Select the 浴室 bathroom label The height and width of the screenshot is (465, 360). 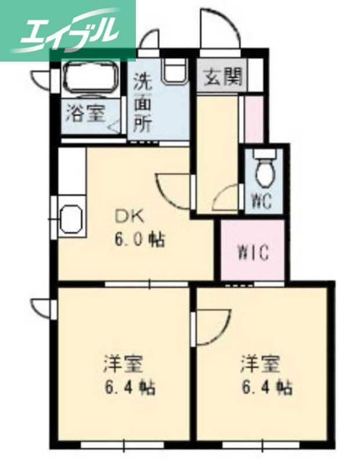[x=85, y=113]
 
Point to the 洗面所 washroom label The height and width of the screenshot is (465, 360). [x=143, y=102]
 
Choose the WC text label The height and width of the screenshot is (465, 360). [x=261, y=201]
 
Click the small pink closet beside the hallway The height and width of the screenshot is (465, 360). [x=254, y=119]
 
